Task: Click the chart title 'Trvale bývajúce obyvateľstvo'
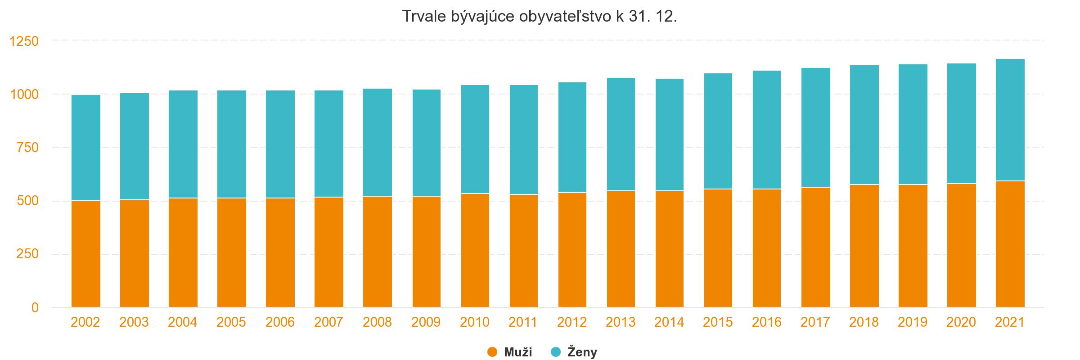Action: pyautogui.click(x=539, y=17)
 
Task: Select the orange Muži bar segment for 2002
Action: pyautogui.click(x=85, y=254)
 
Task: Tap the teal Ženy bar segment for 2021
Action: pyautogui.click(x=1010, y=120)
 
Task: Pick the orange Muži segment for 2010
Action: pyautogui.click(x=475, y=251)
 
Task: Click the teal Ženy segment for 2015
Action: pyautogui.click(x=718, y=131)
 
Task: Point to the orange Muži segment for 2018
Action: pyautogui.click(x=864, y=246)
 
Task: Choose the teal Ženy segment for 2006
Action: pyautogui.click(x=280, y=144)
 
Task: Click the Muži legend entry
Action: pyautogui.click(x=517, y=352)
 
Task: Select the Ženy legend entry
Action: pyautogui.click(x=582, y=352)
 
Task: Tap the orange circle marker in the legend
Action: pyautogui.click(x=492, y=352)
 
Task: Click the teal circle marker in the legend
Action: pyautogui.click(x=556, y=352)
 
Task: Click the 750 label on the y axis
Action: pyautogui.click(x=27, y=148)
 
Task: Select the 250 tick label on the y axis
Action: pyautogui.click(x=27, y=254)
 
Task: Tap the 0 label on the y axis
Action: pyautogui.click(x=35, y=308)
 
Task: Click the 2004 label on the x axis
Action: pyautogui.click(x=183, y=322)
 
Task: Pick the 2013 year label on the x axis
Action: pyautogui.click(x=621, y=322)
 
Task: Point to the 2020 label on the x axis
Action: pyautogui.click(x=961, y=322)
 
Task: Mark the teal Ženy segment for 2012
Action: pyautogui.click(x=572, y=138)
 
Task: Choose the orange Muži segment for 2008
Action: pyautogui.click(x=377, y=252)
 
